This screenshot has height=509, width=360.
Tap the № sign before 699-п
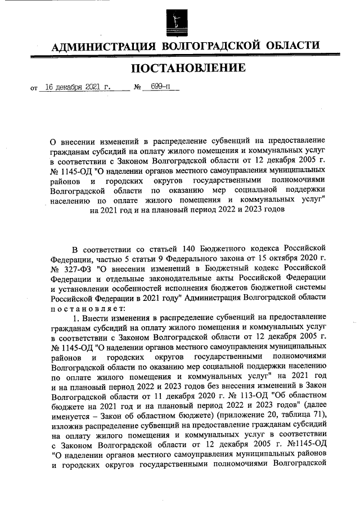click(x=137, y=88)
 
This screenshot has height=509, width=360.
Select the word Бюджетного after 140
click(x=227, y=249)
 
